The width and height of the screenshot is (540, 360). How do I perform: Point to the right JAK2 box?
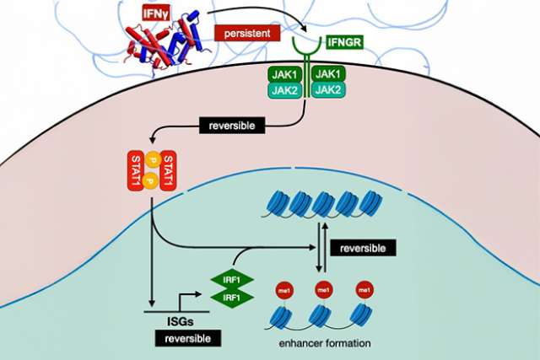[329, 91]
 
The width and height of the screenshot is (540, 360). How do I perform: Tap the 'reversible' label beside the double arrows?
[362, 249]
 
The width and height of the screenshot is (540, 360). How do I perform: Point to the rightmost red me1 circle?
[365, 291]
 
